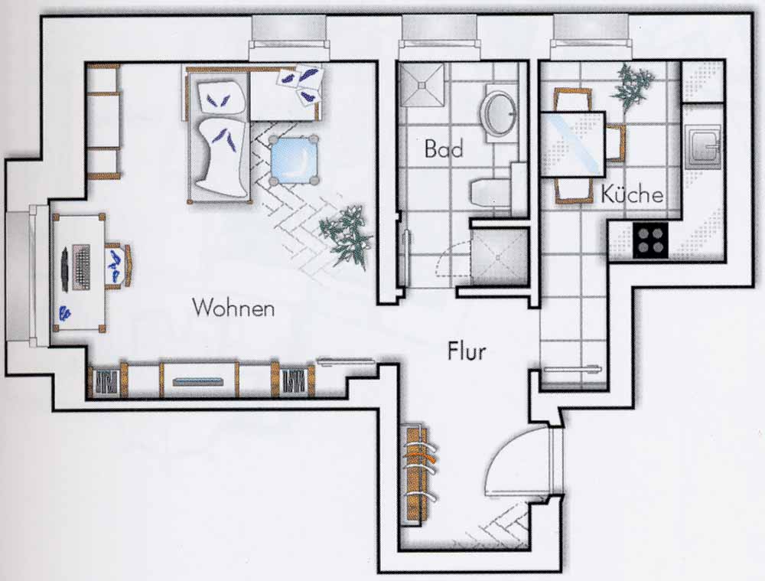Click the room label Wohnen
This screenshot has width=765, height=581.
pyautogui.click(x=233, y=308)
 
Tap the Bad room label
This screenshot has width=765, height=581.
pyautogui.click(x=443, y=149)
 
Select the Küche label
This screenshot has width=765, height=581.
pyautogui.click(x=632, y=194)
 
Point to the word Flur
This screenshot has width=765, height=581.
pyautogui.click(x=467, y=351)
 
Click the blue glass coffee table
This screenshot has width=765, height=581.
pyautogui.click(x=294, y=159)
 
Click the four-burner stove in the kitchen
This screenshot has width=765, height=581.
pyautogui.click(x=650, y=240)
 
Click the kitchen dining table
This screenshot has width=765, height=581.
pyautogui.click(x=573, y=144)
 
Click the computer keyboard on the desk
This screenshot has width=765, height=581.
pyautogui.click(x=81, y=268)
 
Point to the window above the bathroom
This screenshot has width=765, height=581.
pyautogui.click(x=438, y=31)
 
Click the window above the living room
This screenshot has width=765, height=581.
pyautogui.click(x=289, y=31)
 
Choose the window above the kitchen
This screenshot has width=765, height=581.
pyautogui.click(x=591, y=31)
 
